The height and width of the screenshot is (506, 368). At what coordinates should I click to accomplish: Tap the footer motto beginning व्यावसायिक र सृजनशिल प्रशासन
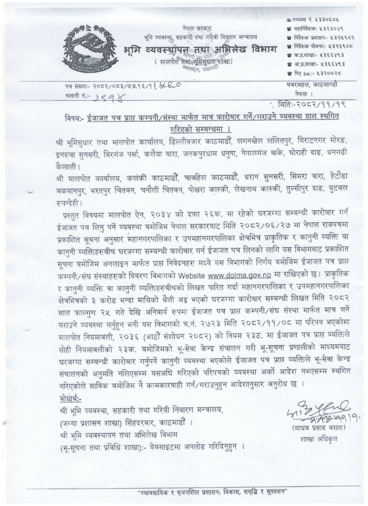point(213,494)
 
